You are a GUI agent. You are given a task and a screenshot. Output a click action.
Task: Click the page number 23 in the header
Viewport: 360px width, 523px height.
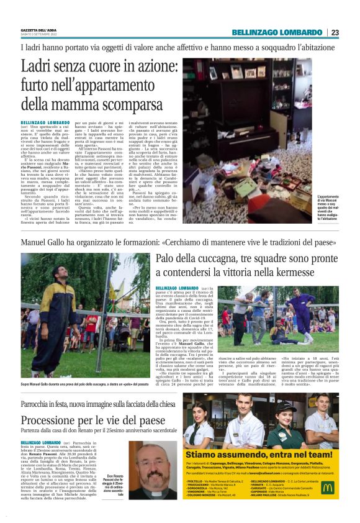click(x=335, y=32)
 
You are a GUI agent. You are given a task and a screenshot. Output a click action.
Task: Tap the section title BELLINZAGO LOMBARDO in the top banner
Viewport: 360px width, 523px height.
click(x=277, y=32)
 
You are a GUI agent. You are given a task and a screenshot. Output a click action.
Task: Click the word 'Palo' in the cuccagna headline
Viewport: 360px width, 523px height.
click(x=166, y=258)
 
